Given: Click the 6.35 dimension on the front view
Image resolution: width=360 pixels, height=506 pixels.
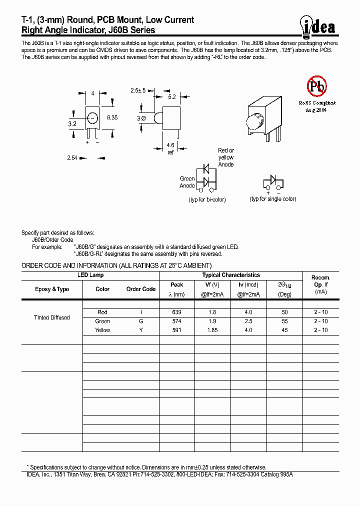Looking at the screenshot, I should point(112,117).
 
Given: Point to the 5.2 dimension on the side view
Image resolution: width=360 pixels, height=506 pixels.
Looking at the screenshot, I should point(171,97).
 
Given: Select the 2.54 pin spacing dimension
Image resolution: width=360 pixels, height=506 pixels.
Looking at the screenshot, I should point(72,158).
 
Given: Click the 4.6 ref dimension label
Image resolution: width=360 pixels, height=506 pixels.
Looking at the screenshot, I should point(170,148).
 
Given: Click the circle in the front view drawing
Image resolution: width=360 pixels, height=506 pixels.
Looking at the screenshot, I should point(92,118).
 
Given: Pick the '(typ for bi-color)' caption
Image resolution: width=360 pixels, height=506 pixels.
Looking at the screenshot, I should point(207,199).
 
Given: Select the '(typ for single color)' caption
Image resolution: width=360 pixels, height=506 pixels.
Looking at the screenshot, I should point(273,199).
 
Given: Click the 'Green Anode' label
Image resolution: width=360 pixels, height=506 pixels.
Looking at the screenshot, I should point(187,182).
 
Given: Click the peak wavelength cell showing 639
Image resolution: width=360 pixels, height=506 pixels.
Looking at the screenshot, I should point(176,312).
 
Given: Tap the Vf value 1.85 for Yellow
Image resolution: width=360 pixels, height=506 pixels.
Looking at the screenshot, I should point(212,330).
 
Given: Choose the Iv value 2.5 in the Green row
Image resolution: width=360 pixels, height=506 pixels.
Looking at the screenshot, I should point(248,321).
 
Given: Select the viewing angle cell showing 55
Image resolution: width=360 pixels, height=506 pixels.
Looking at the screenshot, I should point(284,321).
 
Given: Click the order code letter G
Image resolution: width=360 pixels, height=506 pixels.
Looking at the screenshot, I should point(141,321).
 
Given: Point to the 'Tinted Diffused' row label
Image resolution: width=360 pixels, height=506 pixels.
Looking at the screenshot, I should point(51,317).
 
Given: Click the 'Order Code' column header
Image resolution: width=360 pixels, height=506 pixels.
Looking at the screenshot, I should point(141,289).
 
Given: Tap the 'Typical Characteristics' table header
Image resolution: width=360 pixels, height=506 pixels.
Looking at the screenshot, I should point(231,275).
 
